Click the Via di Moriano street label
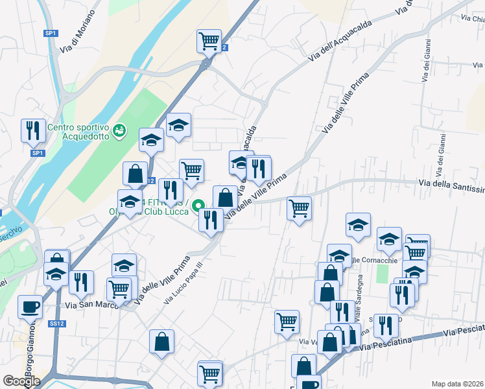pos(77,32)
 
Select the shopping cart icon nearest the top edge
pos(209,41)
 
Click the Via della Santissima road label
pos(451,187)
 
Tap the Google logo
pos(21,381)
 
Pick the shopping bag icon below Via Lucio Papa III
pos(161,341)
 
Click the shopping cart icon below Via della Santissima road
pos(299,209)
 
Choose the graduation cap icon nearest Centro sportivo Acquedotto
pos(151,139)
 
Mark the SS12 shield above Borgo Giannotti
pos(58,323)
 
